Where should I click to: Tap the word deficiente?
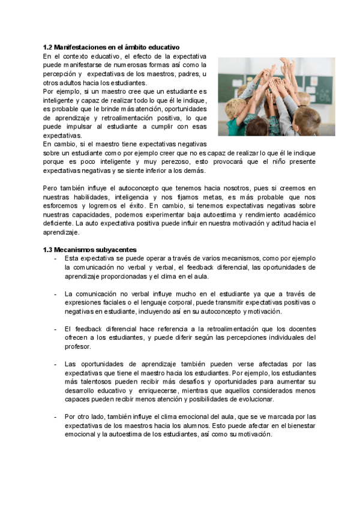58,223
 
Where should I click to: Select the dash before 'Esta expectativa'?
55,258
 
